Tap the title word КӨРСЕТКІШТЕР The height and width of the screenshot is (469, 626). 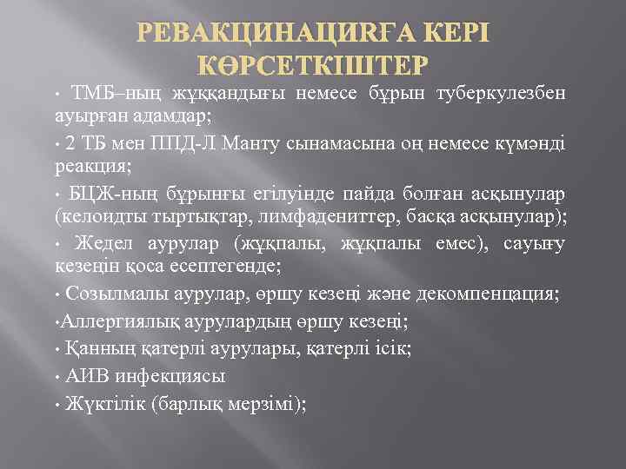click(313, 66)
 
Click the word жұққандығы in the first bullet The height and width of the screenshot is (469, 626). click(219, 94)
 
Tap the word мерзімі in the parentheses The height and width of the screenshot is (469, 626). click(263, 404)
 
